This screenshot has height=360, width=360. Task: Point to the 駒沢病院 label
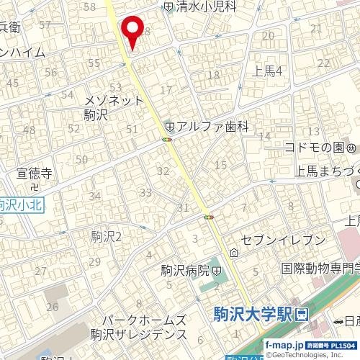click(184, 271)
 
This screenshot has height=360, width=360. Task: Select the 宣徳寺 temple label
click(35, 174)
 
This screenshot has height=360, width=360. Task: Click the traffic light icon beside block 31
click(209, 216)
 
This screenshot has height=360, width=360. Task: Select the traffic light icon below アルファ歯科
click(167, 139)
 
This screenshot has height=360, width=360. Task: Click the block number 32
click(163, 171)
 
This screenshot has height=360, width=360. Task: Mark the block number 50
click(81, 159)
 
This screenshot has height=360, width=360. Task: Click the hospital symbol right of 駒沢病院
click(217, 271)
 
